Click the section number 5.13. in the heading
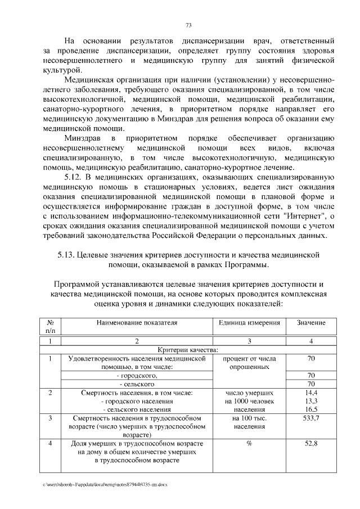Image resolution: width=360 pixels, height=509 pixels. pos(69,255)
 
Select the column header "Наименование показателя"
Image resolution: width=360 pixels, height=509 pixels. pos(137,323)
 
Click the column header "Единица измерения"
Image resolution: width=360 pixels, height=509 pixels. pos(249,323)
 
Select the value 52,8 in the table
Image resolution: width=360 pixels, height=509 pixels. pos(310,444)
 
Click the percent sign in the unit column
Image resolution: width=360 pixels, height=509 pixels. pos(249,444)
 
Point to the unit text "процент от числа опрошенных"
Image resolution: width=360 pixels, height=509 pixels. pos(249,362)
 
